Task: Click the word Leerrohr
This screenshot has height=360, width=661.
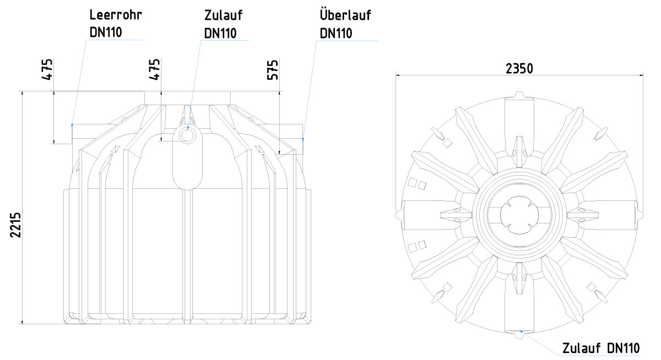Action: point(116,15)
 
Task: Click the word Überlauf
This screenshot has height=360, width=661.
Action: point(345,14)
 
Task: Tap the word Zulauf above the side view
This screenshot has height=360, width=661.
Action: point(224,15)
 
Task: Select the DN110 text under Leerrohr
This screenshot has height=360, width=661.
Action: point(106,32)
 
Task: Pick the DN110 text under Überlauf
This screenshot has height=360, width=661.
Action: point(336,34)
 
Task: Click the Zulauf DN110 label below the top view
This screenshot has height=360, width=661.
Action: point(601,348)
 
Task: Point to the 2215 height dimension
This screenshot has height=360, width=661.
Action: point(15,225)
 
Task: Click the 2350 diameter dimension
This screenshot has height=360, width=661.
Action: point(519,69)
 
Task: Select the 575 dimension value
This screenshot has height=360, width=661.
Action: point(273,70)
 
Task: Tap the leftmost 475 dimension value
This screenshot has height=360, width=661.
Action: point(47,69)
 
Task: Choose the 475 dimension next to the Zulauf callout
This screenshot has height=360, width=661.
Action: point(154,69)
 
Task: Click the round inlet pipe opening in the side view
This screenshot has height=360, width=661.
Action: point(187,135)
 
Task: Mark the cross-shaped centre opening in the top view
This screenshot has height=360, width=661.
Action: point(519,215)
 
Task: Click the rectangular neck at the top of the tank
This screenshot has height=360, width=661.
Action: point(188,98)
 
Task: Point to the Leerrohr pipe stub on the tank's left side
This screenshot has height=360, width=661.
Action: point(89,134)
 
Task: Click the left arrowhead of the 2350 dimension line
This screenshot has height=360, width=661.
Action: point(398,75)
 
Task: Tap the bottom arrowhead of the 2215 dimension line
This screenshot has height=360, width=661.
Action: point(22,321)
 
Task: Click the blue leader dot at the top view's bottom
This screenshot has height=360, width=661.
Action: point(521,332)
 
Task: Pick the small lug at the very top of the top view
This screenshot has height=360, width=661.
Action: point(519,95)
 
